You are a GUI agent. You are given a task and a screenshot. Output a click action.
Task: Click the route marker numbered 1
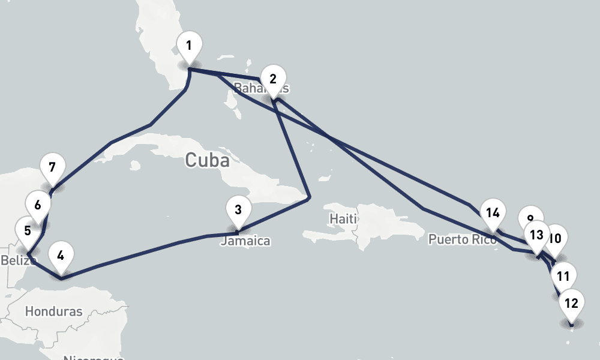pos(189,46)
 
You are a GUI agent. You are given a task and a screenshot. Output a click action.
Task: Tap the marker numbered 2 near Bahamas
pos(273,79)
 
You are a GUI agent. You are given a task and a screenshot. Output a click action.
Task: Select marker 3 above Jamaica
pos(238,210)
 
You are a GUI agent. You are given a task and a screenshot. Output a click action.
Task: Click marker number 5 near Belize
pos(28,231)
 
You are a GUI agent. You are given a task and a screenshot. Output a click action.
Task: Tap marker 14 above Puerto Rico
pos(493,213)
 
